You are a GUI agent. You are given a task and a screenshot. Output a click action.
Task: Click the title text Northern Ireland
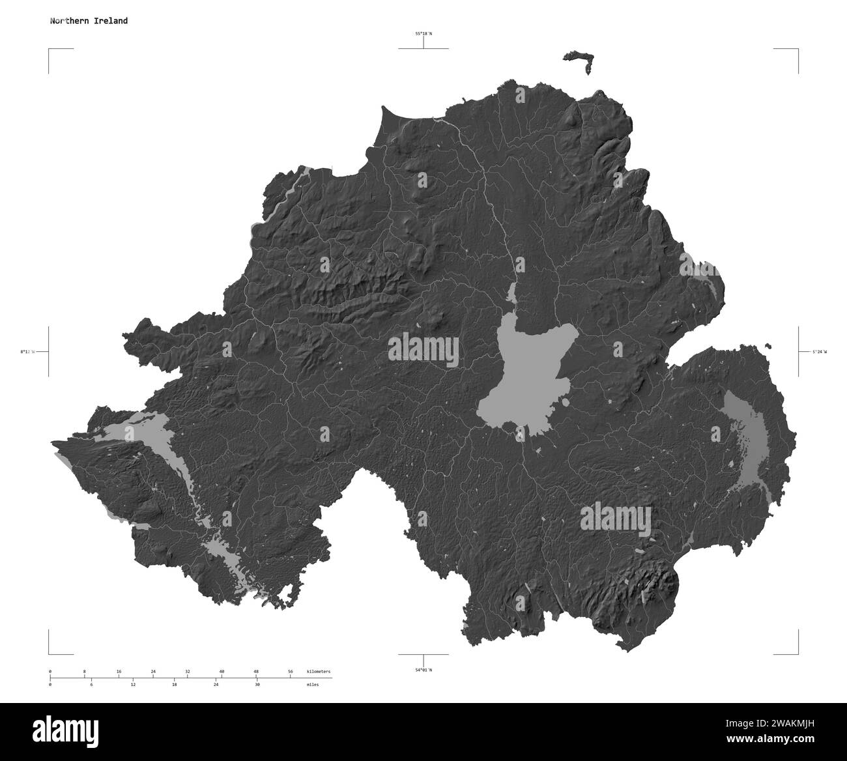(89, 21)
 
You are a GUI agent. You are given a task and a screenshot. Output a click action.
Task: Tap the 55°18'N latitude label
(424, 33)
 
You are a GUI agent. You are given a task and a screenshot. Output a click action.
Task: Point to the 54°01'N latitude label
(423, 669)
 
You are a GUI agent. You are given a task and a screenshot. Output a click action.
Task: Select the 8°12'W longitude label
(27, 352)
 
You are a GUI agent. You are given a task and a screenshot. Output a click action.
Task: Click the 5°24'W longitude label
(818, 352)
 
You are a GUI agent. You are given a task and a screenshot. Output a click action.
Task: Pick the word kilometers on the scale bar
(319, 671)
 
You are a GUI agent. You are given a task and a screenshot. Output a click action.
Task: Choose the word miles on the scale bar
(313, 685)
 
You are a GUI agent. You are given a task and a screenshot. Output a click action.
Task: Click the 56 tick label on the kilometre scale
(291, 671)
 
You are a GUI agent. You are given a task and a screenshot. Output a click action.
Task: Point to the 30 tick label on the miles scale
(257, 685)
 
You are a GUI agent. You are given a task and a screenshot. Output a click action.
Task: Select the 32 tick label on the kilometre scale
(188, 671)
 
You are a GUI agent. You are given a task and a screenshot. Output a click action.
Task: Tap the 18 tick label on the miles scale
(175, 685)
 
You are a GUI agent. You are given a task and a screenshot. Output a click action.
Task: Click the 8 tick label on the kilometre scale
(84, 671)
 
